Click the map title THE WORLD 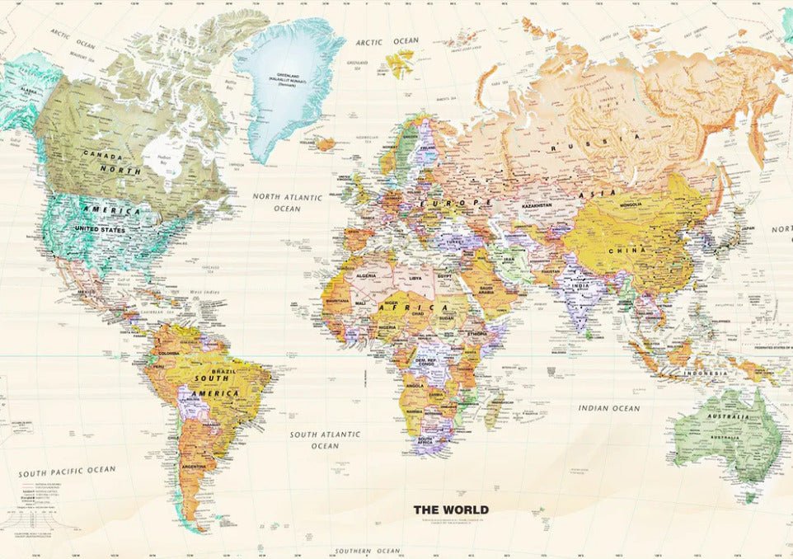tap(451, 510)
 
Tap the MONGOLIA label tap(630, 204)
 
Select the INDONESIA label tap(706, 373)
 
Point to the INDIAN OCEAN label tap(608, 408)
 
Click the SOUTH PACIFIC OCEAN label tap(68, 470)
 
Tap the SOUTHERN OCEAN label tap(367, 551)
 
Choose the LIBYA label tap(416, 279)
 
